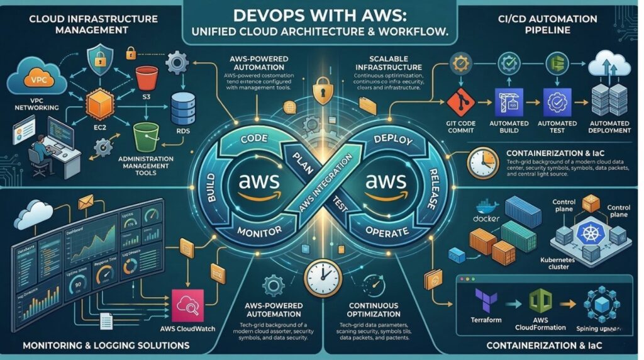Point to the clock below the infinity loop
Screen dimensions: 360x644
(321, 276)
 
